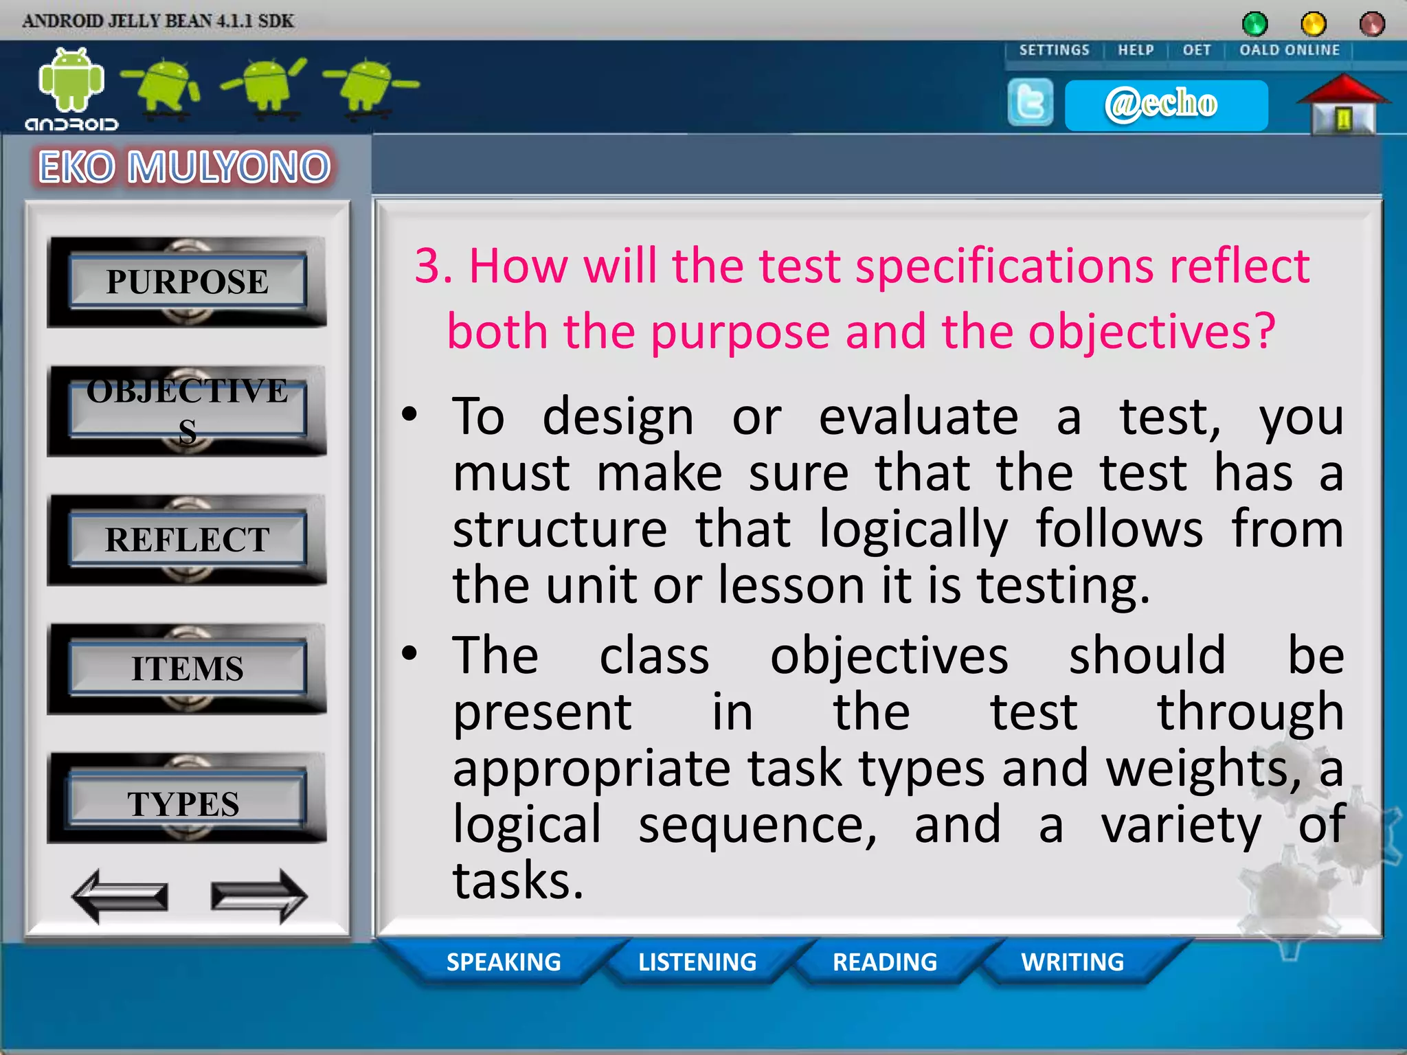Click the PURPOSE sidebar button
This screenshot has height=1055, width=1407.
point(187,282)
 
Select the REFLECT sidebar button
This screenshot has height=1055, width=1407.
point(187,540)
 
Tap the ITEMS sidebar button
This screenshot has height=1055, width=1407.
point(187,669)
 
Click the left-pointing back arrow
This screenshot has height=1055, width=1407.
point(120,896)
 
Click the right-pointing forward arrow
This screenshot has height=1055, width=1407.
point(258,896)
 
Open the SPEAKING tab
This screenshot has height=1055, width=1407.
point(504,962)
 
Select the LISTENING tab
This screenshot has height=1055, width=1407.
point(697,962)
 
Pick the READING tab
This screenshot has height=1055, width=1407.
point(885,962)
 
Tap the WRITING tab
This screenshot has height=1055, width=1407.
point(1072,962)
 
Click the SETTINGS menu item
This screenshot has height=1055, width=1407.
point(1054,50)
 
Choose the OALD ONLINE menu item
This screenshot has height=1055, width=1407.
point(1289,50)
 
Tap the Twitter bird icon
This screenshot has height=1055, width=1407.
point(1030,103)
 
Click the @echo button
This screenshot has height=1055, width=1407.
point(1165,105)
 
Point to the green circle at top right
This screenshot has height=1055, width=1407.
point(1254,24)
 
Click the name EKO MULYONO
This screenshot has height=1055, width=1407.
point(184,167)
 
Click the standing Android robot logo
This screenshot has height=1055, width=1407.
point(71,81)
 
